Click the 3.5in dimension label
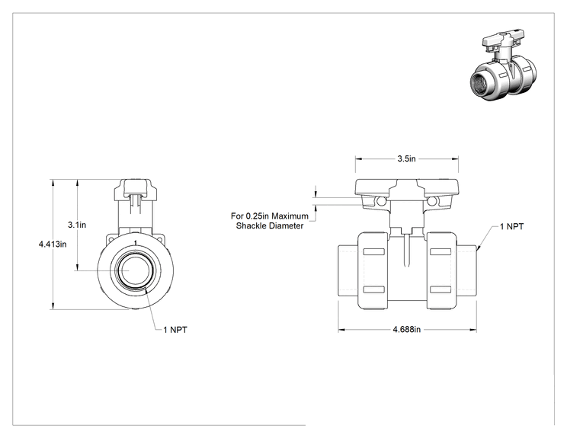pyautogui.click(x=406, y=158)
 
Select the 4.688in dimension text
pyautogui.click(x=407, y=329)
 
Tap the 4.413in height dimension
pyautogui.click(x=53, y=244)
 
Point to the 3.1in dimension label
pyautogui.click(x=77, y=225)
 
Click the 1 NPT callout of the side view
pyautogui.click(x=511, y=226)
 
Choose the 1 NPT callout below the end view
pyautogui.click(x=175, y=330)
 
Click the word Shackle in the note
pyautogui.click(x=250, y=226)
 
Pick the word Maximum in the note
pyautogui.click(x=290, y=216)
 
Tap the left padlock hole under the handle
pyautogui.click(x=381, y=200)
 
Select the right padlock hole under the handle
pyautogui.click(x=432, y=200)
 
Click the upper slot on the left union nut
pyautogui.click(x=374, y=252)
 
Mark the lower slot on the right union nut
pyautogui.click(x=440, y=289)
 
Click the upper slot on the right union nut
pyautogui.click(x=440, y=252)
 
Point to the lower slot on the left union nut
pyautogui.click(x=374, y=289)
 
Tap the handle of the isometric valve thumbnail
pyautogui.click(x=503, y=39)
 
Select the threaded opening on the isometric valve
pyautogui.click(x=483, y=83)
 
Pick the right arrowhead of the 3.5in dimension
pyautogui.click(x=455, y=158)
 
